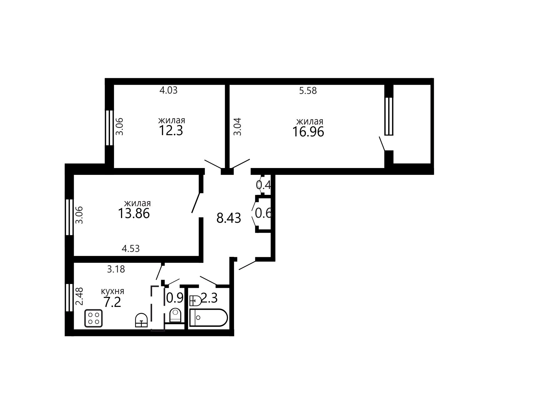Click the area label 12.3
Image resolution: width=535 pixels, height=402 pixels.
pos(171,130)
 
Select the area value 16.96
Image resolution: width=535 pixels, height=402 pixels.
pos(308,132)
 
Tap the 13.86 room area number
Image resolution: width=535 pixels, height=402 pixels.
pos(134,214)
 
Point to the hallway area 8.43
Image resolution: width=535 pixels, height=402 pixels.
pos(229,218)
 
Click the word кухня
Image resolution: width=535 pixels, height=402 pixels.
pos(112,291)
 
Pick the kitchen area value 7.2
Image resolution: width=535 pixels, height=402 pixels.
pos(112,303)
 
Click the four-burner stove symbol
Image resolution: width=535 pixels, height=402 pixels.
pos(94,318)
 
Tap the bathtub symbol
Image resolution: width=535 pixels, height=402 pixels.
pos(209,318)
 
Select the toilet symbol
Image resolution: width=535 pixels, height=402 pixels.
pos(175,315)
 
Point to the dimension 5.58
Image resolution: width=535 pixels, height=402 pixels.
pos(308,91)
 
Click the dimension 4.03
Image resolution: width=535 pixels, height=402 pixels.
pos(168,90)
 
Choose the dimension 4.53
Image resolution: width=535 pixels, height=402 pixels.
pos(131,249)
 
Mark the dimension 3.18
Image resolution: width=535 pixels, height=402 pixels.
pos(116,269)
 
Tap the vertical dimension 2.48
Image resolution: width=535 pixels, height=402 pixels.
pos(80,296)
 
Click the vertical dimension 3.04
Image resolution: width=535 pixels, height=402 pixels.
pos(238,126)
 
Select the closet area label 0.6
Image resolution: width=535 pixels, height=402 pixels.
pos(264,213)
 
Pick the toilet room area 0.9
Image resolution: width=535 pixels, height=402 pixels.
pos(175,298)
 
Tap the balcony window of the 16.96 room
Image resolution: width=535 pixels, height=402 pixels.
pos(389,116)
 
